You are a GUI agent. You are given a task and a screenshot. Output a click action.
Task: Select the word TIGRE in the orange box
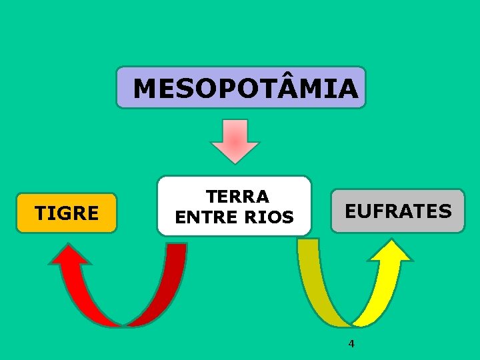(67, 213)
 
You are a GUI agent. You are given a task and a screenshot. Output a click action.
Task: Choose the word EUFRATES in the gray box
(398, 211)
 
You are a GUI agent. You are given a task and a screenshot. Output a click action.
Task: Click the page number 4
(351, 344)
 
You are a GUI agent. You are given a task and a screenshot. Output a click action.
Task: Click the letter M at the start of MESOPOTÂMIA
(147, 88)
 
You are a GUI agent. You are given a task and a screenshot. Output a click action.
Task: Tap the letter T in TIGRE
(41, 213)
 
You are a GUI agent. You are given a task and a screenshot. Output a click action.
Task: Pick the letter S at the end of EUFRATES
(445, 211)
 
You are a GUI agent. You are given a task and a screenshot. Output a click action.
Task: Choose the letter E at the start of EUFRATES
(351, 211)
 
